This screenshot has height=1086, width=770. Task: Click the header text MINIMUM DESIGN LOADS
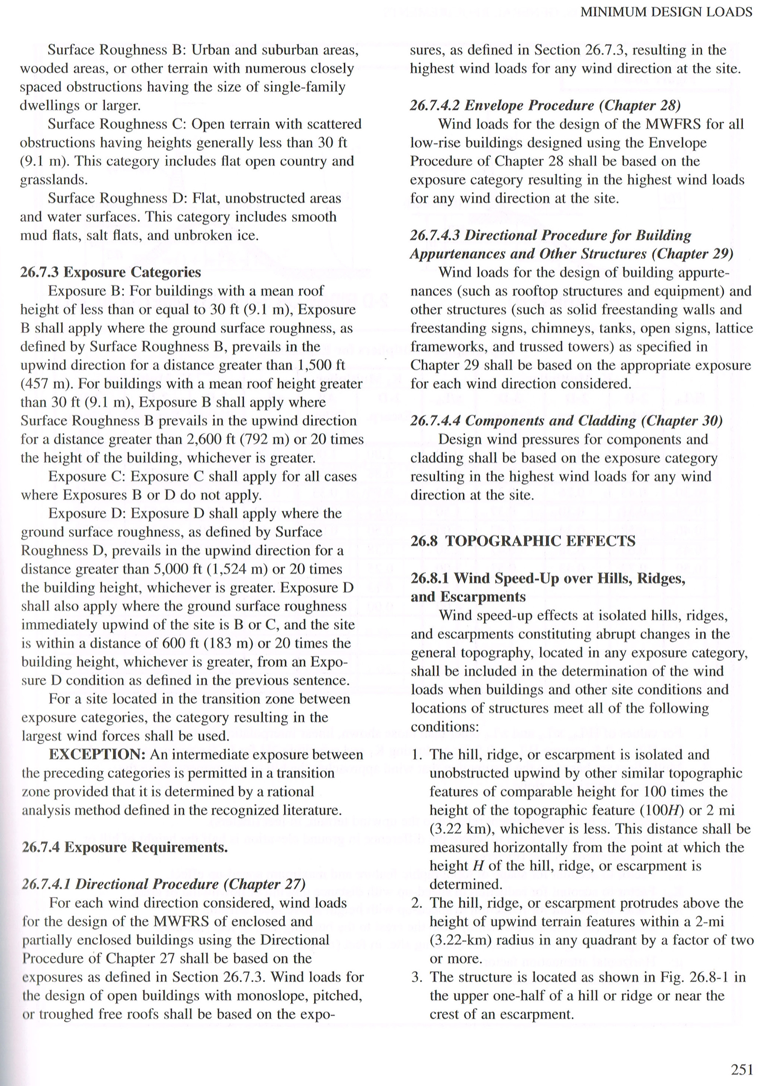666,12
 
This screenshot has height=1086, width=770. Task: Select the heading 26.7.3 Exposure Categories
111,272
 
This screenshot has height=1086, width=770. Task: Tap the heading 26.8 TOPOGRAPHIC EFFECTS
523,541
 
